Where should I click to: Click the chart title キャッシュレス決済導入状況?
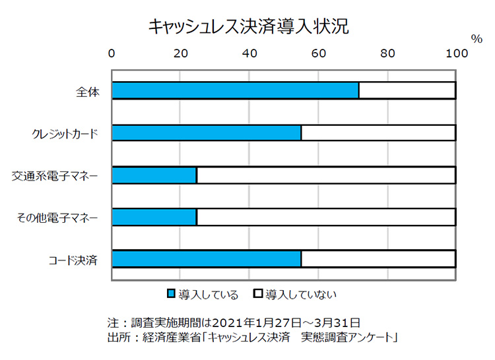coord(248,27)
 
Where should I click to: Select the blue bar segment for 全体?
coord(235,90)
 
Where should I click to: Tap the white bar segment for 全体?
coord(407,90)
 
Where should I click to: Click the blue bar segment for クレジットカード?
coord(206,133)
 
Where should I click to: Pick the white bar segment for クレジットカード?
coord(378,133)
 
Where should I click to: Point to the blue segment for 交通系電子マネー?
coord(154,175)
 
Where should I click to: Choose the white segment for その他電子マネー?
coord(325,217)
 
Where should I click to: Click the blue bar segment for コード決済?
coord(206,258)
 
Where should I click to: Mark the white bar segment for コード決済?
coord(378,258)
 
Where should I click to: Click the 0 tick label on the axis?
coord(112,53)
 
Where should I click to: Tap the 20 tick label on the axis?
coord(180,53)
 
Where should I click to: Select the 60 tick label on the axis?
coord(318,53)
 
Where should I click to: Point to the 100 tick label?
coord(455,53)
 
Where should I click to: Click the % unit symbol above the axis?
coord(477,39)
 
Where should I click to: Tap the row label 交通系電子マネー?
coord(55,175)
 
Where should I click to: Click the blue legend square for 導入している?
coord(172,294)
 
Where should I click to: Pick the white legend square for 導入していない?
coord(259,294)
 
